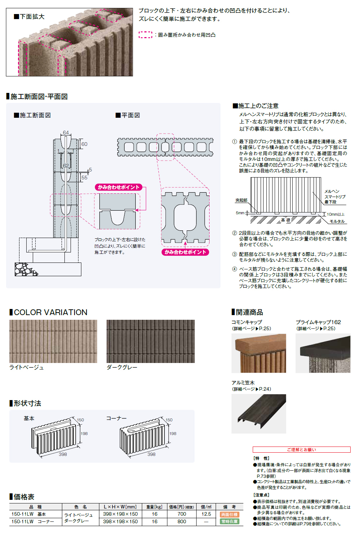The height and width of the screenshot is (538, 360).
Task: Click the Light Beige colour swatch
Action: tap(53, 341)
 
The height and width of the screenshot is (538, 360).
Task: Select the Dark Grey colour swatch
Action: tap(150, 341)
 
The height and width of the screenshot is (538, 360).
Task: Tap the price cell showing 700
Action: tap(182, 514)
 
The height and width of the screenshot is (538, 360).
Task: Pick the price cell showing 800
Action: tap(182, 521)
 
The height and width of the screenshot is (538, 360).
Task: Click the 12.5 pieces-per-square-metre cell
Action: tap(206, 514)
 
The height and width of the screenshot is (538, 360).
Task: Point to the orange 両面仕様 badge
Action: tap(230, 515)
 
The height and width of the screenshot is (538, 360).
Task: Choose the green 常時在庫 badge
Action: tap(230, 521)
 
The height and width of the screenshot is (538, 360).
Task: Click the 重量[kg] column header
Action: tap(154, 507)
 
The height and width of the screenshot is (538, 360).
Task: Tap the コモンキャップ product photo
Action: tap(258, 353)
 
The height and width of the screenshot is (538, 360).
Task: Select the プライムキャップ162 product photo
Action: tap(323, 353)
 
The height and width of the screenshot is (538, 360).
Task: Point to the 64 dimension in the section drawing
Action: tap(66, 133)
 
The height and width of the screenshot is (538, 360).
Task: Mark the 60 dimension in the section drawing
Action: tap(84, 144)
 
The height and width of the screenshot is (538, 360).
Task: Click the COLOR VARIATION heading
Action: tap(50, 312)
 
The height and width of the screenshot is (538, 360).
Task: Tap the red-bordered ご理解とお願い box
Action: tap(301, 449)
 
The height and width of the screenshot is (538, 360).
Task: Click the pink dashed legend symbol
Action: tap(145, 35)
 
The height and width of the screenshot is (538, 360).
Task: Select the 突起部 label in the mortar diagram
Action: tap(241, 200)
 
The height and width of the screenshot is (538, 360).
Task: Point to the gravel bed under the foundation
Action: tap(25, 269)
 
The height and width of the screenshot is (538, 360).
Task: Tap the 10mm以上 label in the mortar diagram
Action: tap(336, 214)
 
